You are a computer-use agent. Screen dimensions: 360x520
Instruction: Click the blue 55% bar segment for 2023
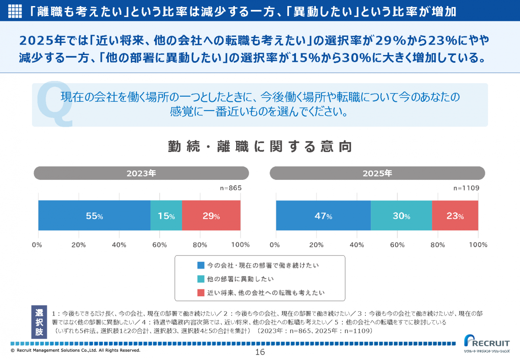[94, 215]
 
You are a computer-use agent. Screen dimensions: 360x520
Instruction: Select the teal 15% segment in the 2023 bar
[166, 215]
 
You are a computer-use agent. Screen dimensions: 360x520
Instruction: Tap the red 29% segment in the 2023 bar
[211, 215]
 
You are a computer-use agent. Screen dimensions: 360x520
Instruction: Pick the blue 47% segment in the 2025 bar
[323, 215]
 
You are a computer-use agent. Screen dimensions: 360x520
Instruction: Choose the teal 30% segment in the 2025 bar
[401, 215]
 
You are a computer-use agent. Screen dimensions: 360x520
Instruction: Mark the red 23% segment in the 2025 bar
[455, 215]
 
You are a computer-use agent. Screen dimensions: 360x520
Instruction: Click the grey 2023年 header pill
[141, 173]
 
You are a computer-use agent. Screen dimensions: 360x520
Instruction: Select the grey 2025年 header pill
[377, 173]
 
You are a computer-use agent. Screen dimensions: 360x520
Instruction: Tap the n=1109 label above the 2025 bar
[466, 188]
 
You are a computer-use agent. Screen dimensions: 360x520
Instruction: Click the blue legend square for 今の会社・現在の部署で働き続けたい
[200, 265]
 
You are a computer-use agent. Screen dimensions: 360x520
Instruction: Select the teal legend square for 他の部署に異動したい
[200, 279]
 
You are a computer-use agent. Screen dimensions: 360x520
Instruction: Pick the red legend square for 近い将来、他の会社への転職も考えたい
[200, 293]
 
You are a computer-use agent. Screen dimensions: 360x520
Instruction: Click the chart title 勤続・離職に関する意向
[260, 147]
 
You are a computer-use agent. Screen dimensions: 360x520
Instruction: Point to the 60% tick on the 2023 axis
[159, 245]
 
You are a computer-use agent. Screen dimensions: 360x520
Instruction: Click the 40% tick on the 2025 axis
[357, 245]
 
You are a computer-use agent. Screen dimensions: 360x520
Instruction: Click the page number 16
[260, 352]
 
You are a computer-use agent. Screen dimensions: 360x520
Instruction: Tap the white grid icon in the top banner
[15, 11]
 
